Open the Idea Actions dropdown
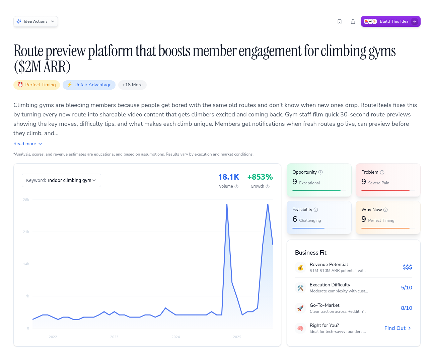[x=35, y=21]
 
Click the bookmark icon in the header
[x=339, y=21]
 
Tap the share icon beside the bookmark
[x=353, y=21]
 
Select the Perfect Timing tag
[x=37, y=85]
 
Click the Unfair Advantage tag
[x=89, y=85]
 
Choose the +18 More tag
[x=132, y=85]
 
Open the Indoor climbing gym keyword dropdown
[x=61, y=180]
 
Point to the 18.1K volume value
[x=228, y=177]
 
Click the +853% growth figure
[x=260, y=177]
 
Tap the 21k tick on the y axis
[x=26, y=232]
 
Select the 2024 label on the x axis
[x=175, y=337]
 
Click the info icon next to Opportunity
[x=320, y=172]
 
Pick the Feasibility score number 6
[x=295, y=219]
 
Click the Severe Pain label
[x=378, y=183]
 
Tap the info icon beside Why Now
[x=385, y=210]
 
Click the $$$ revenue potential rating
[x=407, y=267]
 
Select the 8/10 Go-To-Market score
[x=407, y=308]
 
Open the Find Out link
[x=397, y=328]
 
